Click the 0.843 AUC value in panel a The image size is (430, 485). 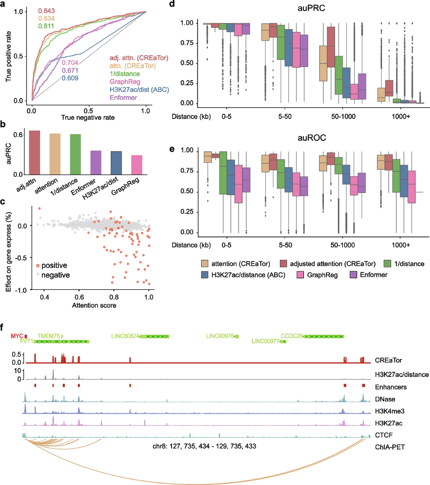46,11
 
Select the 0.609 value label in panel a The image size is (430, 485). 70,78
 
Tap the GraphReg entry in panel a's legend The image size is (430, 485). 125,82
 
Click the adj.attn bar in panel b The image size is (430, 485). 34,152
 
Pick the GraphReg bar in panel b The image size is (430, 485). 137,165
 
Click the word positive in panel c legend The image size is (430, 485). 54,265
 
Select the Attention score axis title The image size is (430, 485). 94,305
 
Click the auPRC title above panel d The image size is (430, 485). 311,8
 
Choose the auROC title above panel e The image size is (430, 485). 311,138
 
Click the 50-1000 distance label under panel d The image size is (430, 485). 343,117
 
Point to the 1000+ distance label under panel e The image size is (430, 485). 401,245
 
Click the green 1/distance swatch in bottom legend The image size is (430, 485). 387,264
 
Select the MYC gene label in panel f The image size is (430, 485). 17,336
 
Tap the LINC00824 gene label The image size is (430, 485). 125,336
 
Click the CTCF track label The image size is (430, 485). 384,435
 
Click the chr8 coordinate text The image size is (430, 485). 204,446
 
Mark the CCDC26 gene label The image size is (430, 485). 292,336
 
